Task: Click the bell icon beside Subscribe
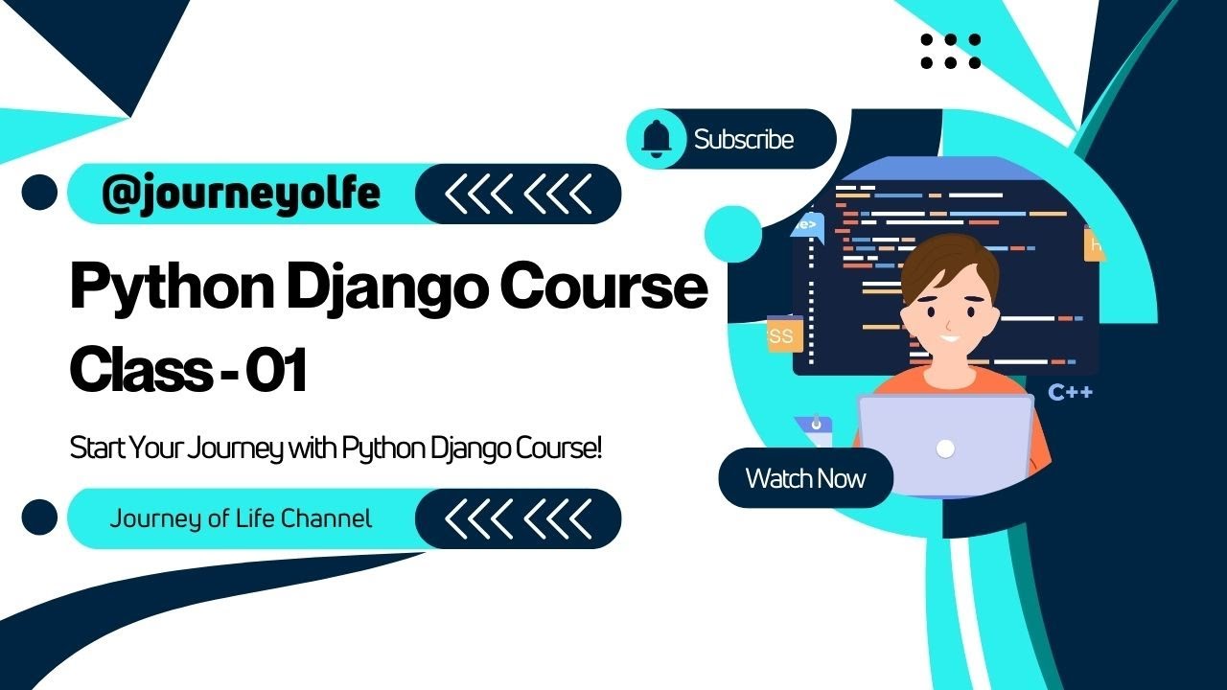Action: coord(657,140)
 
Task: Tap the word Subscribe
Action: coord(744,140)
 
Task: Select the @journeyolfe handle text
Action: coord(241,194)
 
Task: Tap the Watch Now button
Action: coord(805,478)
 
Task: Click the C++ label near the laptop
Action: coord(1070,392)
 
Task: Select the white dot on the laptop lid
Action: coord(945,448)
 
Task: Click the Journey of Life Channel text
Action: coord(241,519)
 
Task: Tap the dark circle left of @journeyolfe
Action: coord(40,194)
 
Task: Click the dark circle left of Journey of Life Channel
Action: coord(40,518)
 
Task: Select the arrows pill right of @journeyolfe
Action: coord(518,195)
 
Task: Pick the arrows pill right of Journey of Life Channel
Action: coord(518,519)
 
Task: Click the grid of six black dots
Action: coord(950,52)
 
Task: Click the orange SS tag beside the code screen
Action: coord(780,336)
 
